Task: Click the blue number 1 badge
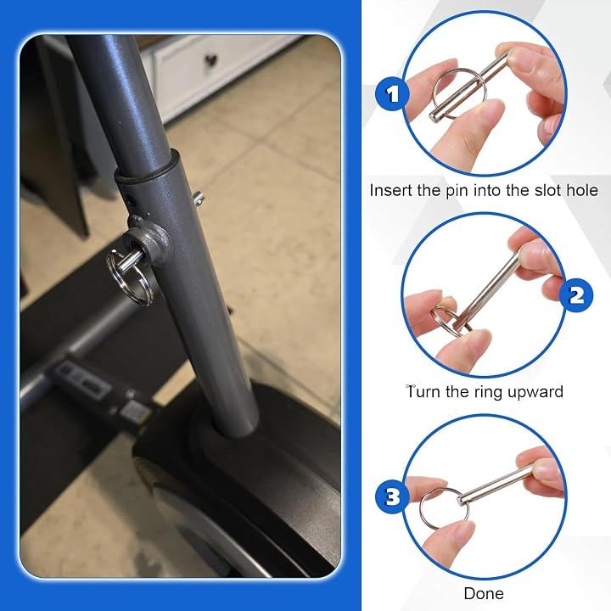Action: tap(392, 94)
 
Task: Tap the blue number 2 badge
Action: tap(576, 295)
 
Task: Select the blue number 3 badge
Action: tap(392, 496)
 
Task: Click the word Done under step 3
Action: tap(484, 593)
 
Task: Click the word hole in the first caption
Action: tap(582, 191)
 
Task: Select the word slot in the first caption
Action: tap(549, 191)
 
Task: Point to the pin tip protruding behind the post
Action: tap(199, 199)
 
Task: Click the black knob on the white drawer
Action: tap(210, 61)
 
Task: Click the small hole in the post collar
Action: tap(130, 202)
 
